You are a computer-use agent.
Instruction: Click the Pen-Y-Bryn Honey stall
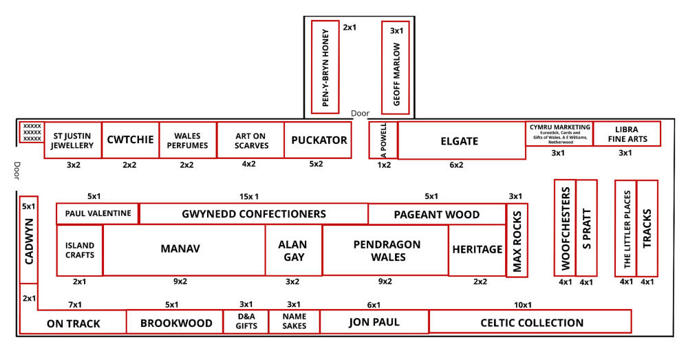(326, 67)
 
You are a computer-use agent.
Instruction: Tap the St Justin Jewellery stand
(73, 140)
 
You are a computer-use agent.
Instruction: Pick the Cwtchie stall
(130, 140)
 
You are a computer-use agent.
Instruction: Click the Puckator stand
(319, 140)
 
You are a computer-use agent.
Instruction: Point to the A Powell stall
(383, 141)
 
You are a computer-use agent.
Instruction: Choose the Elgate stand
(459, 141)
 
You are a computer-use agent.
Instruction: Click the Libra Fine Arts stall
(627, 134)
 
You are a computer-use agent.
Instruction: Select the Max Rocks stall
(517, 240)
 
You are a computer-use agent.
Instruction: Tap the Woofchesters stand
(565, 228)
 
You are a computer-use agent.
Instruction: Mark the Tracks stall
(647, 228)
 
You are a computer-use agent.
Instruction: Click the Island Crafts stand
(80, 250)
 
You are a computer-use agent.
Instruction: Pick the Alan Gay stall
(293, 251)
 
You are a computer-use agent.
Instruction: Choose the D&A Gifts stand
(246, 321)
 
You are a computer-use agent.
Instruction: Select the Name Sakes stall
(294, 321)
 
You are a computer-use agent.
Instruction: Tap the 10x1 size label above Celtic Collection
(523, 305)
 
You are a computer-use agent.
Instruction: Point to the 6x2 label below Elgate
(456, 165)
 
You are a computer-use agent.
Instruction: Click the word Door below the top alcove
(360, 114)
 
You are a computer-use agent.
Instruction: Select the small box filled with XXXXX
(32, 132)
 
